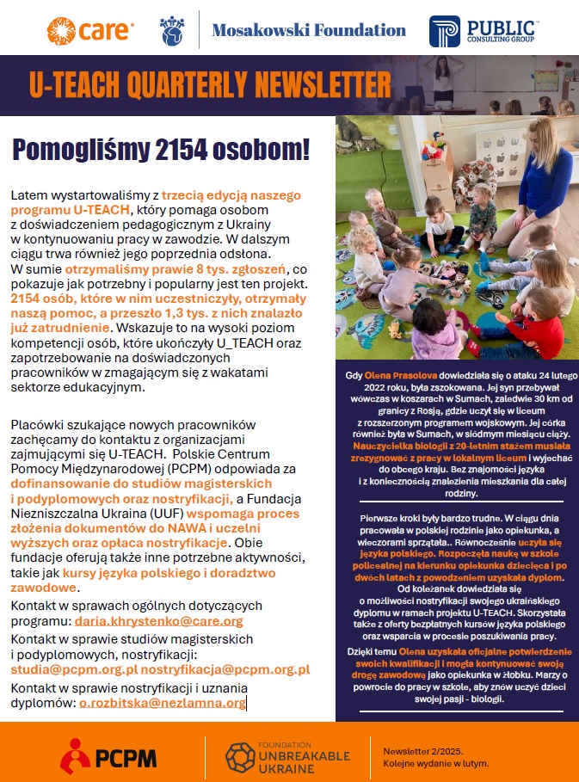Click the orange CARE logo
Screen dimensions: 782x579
pyautogui.click(x=90, y=32)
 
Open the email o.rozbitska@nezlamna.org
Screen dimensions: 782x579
pyautogui.click(x=162, y=703)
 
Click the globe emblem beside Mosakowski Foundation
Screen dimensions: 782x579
pyautogui.click(x=170, y=32)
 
